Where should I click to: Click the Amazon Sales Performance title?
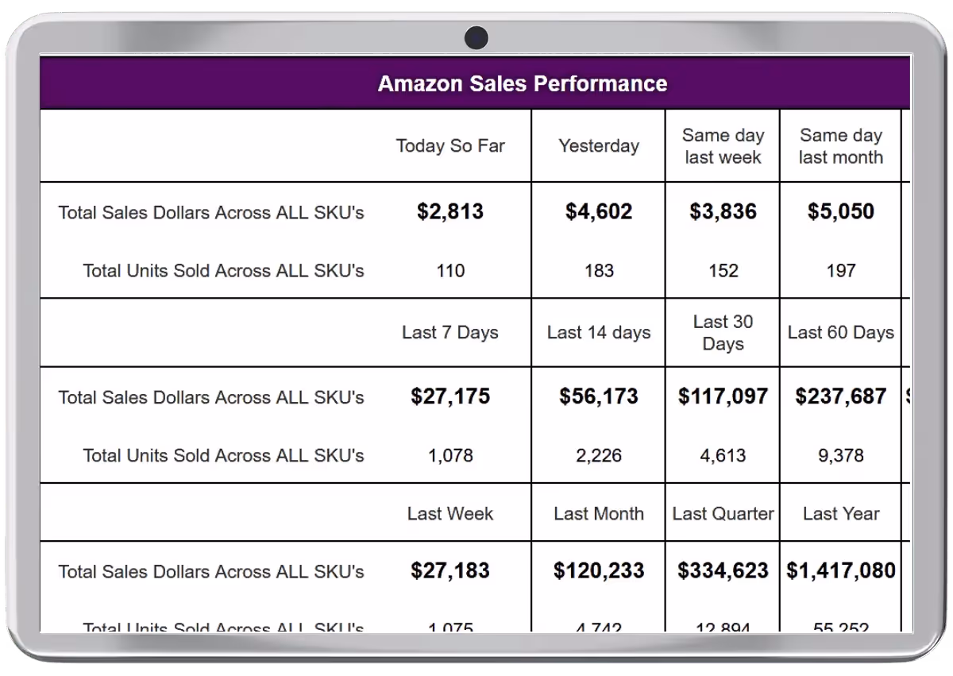pyautogui.click(x=522, y=83)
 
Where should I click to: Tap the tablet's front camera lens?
pyautogui.click(x=476, y=37)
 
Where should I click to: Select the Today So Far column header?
pyautogui.click(x=450, y=146)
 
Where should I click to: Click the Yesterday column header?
pyautogui.click(x=598, y=146)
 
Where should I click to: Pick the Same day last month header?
pyautogui.click(x=840, y=146)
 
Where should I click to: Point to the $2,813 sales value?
pyautogui.click(x=450, y=211)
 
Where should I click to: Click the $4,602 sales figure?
pyautogui.click(x=599, y=211)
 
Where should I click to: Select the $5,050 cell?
pyautogui.click(x=840, y=211)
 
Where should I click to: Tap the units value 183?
pyautogui.click(x=599, y=271)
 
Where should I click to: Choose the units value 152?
pyautogui.click(x=723, y=271)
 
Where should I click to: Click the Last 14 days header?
pyautogui.click(x=599, y=333)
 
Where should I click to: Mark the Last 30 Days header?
pyautogui.click(x=723, y=333)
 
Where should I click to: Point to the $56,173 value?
pyautogui.click(x=599, y=396)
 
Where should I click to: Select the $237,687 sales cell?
pyautogui.click(x=840, y=396)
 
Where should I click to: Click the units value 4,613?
pyautogui.click(x=723, y=456)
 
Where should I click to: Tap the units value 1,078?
pyautogui.click(x=450, y=456)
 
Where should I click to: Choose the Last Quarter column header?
pyautogui.click(x=723, y=514)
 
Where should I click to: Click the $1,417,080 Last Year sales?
pyautogui.click(x=840, y=570)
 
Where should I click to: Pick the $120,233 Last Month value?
pyautogui.click(x=599, y=570)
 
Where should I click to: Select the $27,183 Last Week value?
pyautogui.click(x=450, y=570)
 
